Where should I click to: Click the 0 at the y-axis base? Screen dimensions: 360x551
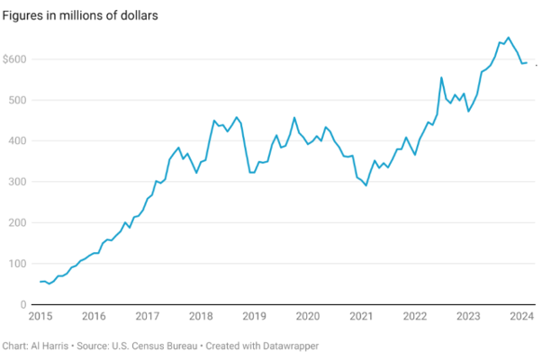[x=23, y=304]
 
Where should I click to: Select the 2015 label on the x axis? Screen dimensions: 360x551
[x=41, y=317]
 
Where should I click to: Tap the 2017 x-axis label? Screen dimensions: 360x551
[x=148, y=317]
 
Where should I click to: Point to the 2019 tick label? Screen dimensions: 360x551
[x=255, y=317]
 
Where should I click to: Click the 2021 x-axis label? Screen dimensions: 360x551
[x=361, y=317]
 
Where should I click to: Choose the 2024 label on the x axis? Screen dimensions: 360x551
[x=521, y=317]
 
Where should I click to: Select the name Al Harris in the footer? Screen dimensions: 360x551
[x=48, y=346]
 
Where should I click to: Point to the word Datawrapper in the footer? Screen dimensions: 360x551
[x=289, y=346]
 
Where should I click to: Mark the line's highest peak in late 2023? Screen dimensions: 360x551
[x=509, y=38]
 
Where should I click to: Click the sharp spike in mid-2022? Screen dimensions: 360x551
[x=442, y=77]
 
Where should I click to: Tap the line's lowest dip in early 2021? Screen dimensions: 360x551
[x=366, y=185]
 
